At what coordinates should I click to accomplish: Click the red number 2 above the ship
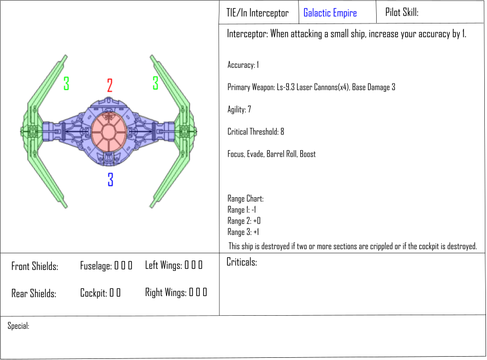110,85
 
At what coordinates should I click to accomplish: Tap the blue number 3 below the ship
110,179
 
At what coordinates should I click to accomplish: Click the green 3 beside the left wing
66,84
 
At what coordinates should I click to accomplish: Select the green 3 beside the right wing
155,83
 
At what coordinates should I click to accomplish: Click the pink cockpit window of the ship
109,132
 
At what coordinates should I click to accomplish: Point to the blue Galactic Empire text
330,13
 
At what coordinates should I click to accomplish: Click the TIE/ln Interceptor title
257,13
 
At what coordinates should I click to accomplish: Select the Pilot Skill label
402,12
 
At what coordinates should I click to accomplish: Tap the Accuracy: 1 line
243,64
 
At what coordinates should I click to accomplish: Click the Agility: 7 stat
239,109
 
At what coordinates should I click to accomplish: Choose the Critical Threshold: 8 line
256,132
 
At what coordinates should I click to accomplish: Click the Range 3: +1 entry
243,232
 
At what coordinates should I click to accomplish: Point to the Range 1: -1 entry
242,210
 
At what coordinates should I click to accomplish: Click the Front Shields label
35,266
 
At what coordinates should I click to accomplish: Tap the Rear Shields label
34,293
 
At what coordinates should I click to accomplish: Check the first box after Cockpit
111,293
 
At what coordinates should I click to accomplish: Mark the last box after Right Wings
205,292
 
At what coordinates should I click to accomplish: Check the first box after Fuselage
116,265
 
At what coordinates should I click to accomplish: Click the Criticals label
242,262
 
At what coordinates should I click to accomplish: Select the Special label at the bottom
19,326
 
